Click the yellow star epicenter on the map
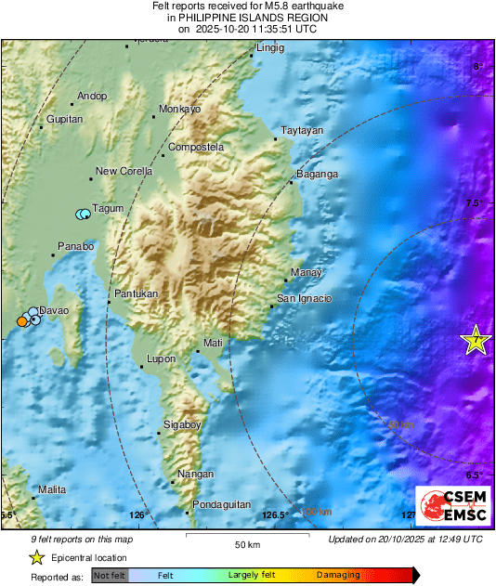point(476,341)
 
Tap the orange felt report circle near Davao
point(21,321)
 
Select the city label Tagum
point(108,208)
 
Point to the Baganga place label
point(317,175)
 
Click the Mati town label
point(214,344)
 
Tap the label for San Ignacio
point(305,298)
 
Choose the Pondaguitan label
point(222,504)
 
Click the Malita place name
point(52,488)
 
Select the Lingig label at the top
point(270,47)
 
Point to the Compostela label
point(196,147)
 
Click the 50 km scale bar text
point(246,544)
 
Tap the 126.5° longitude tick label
point(276,514)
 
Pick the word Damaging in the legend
point(338,576)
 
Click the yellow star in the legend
point(36,558)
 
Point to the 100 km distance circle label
point(316,511)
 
